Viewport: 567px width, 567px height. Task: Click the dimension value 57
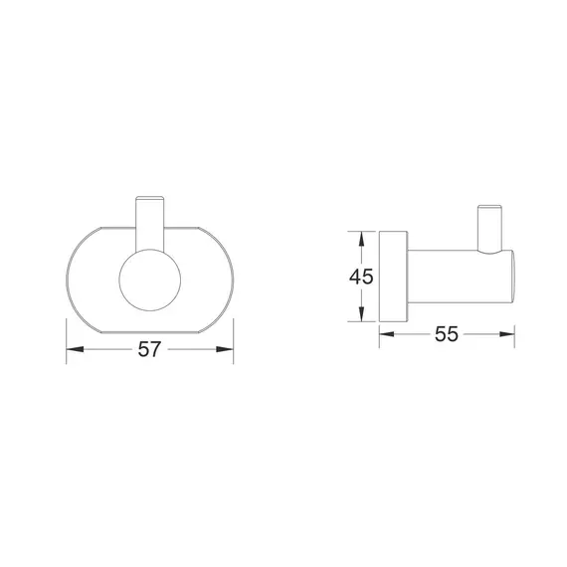coord(149,349)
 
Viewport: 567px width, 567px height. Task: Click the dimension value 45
coord(361,277)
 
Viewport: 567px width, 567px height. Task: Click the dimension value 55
coord(447,334)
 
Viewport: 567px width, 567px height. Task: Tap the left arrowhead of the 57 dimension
coord(75,349)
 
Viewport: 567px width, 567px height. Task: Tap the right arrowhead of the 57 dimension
coord(225,349)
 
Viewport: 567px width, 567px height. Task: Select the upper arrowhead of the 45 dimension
coord(361,239)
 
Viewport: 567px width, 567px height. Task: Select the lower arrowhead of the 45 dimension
coord(361,314)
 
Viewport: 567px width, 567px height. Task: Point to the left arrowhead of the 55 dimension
coord(387,334)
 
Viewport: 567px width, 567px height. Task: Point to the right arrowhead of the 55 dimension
coord(507,334)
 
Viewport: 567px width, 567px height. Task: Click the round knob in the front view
coord(149,280)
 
